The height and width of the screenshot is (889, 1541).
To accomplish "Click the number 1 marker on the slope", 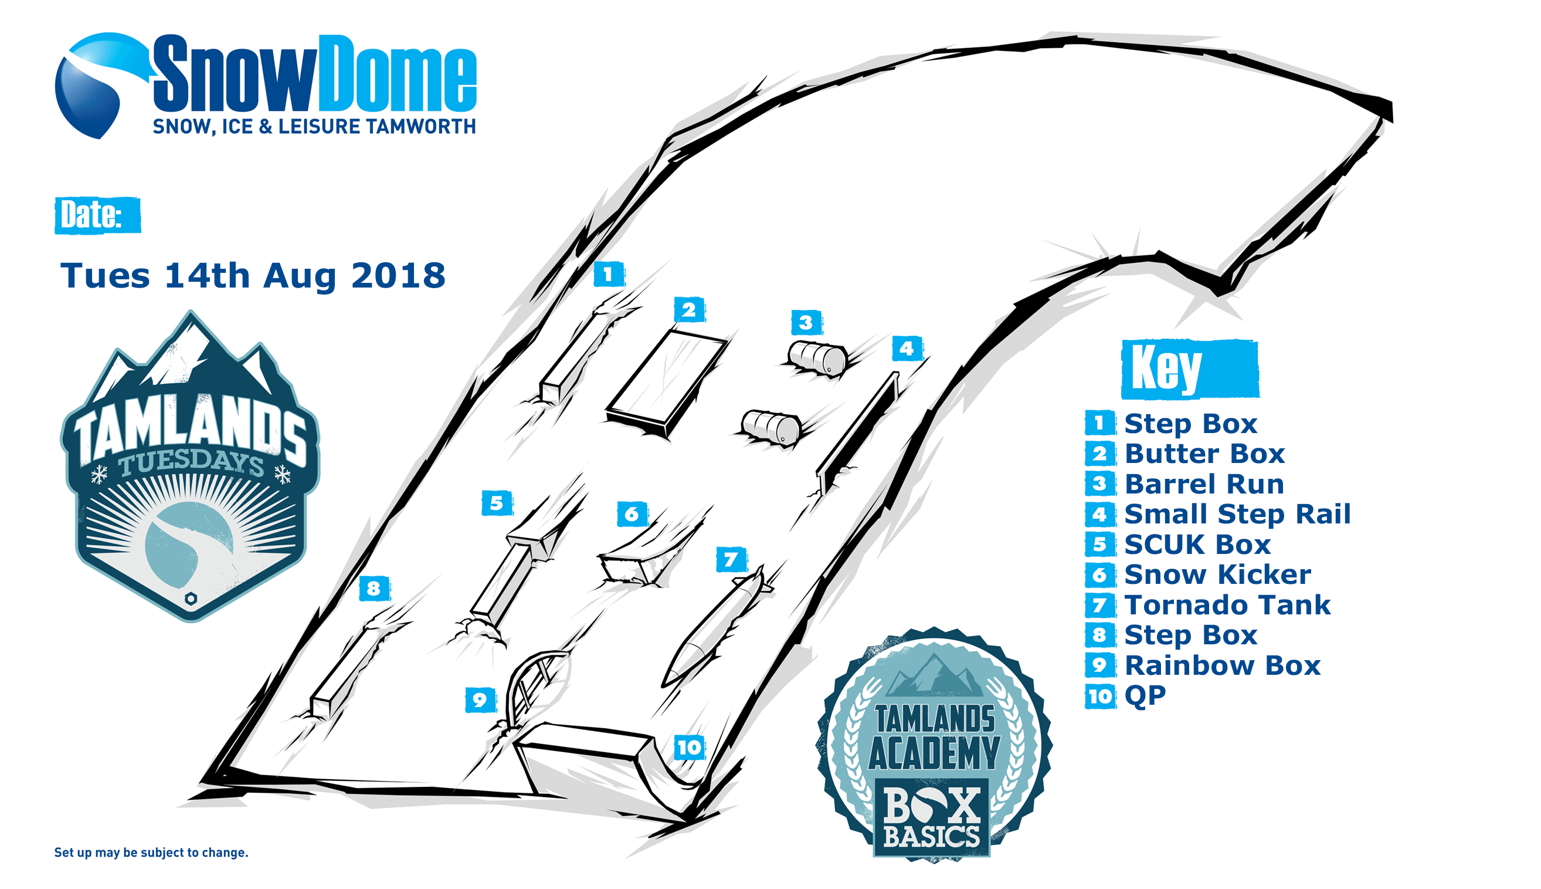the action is [609, 274].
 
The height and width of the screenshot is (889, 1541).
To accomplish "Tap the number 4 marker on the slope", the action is [907, 349].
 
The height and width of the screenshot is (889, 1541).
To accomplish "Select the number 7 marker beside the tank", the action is [731, 559].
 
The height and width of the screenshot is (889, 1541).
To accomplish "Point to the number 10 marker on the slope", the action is [690, 748].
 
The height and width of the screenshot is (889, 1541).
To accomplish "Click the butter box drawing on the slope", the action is [667, 383].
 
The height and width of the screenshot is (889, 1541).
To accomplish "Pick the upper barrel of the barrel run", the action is [817, 358].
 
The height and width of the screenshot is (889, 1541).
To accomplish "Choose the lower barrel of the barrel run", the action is [771, 427].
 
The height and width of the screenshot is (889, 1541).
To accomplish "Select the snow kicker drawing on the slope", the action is [632, 568].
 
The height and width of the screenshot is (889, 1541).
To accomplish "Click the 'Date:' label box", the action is [97, 215].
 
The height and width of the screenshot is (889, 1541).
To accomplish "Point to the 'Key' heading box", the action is [1190, 369].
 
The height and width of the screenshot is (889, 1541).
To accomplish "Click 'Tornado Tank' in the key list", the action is [1227, 605].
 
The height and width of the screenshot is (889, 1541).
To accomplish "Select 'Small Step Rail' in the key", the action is [1237, 514].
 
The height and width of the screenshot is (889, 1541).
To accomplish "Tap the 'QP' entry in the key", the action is [1145, 696].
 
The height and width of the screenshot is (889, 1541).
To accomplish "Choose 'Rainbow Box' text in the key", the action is [1222, 665].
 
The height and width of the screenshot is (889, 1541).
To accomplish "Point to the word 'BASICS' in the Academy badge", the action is [932, 835].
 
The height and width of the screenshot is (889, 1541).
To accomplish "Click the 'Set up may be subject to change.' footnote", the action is [151, 853].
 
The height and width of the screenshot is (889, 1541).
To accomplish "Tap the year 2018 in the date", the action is [398, 276].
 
